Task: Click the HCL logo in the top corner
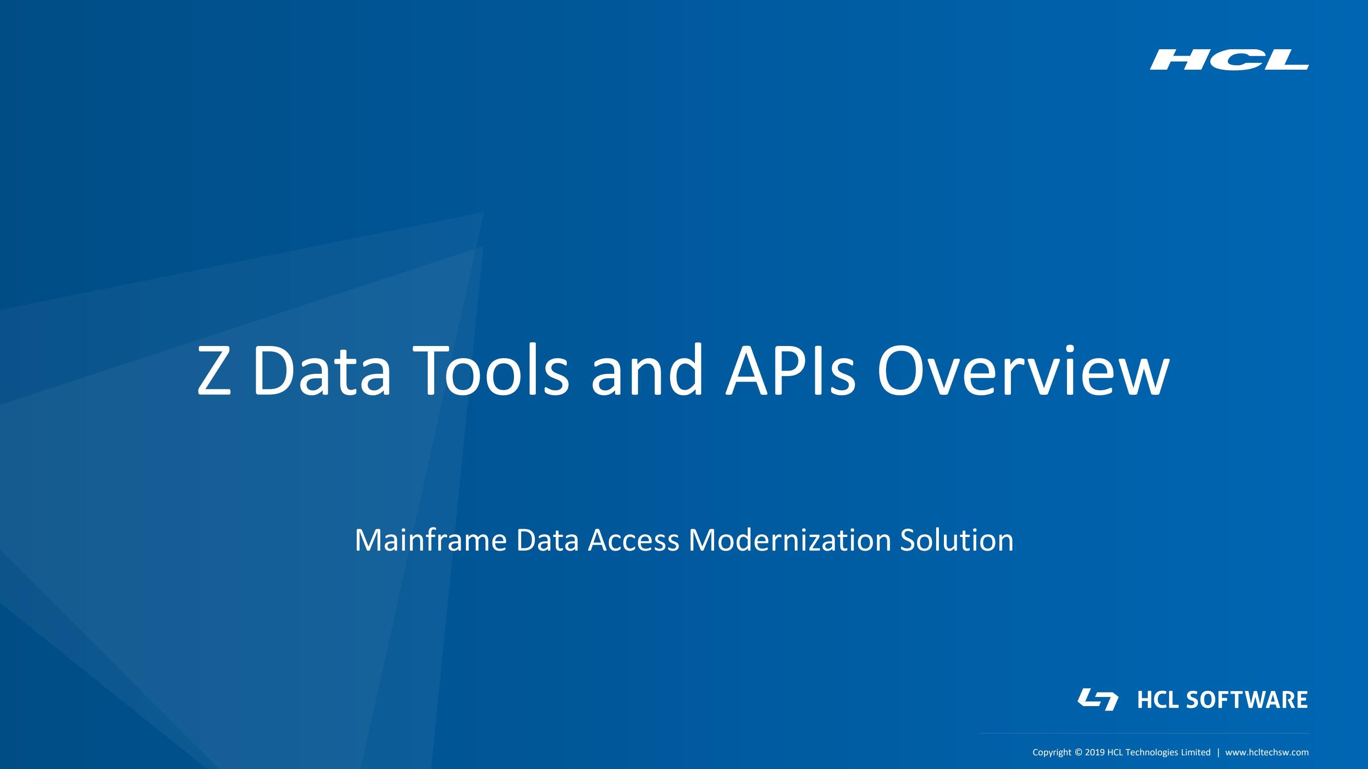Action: coord(1229,59)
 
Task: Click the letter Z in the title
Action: coord(214,371)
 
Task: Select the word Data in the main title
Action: coord(322,371)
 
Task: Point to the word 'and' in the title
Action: coord(647,371)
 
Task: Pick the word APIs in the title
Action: coord(790,371)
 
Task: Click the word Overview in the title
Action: coord(1023,371)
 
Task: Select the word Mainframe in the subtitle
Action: coord(430,540)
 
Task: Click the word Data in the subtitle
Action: coord(547,540)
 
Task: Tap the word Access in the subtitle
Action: coord(633,540)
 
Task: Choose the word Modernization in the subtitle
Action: coord(789,540)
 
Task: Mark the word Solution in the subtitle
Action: coord(956,540)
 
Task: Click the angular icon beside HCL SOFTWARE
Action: coord(1098,699)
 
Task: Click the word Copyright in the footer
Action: coord(1052,753)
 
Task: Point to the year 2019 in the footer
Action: coord(1095,753)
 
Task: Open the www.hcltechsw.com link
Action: coord(1267,753)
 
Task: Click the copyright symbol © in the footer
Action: coord(1078,753)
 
